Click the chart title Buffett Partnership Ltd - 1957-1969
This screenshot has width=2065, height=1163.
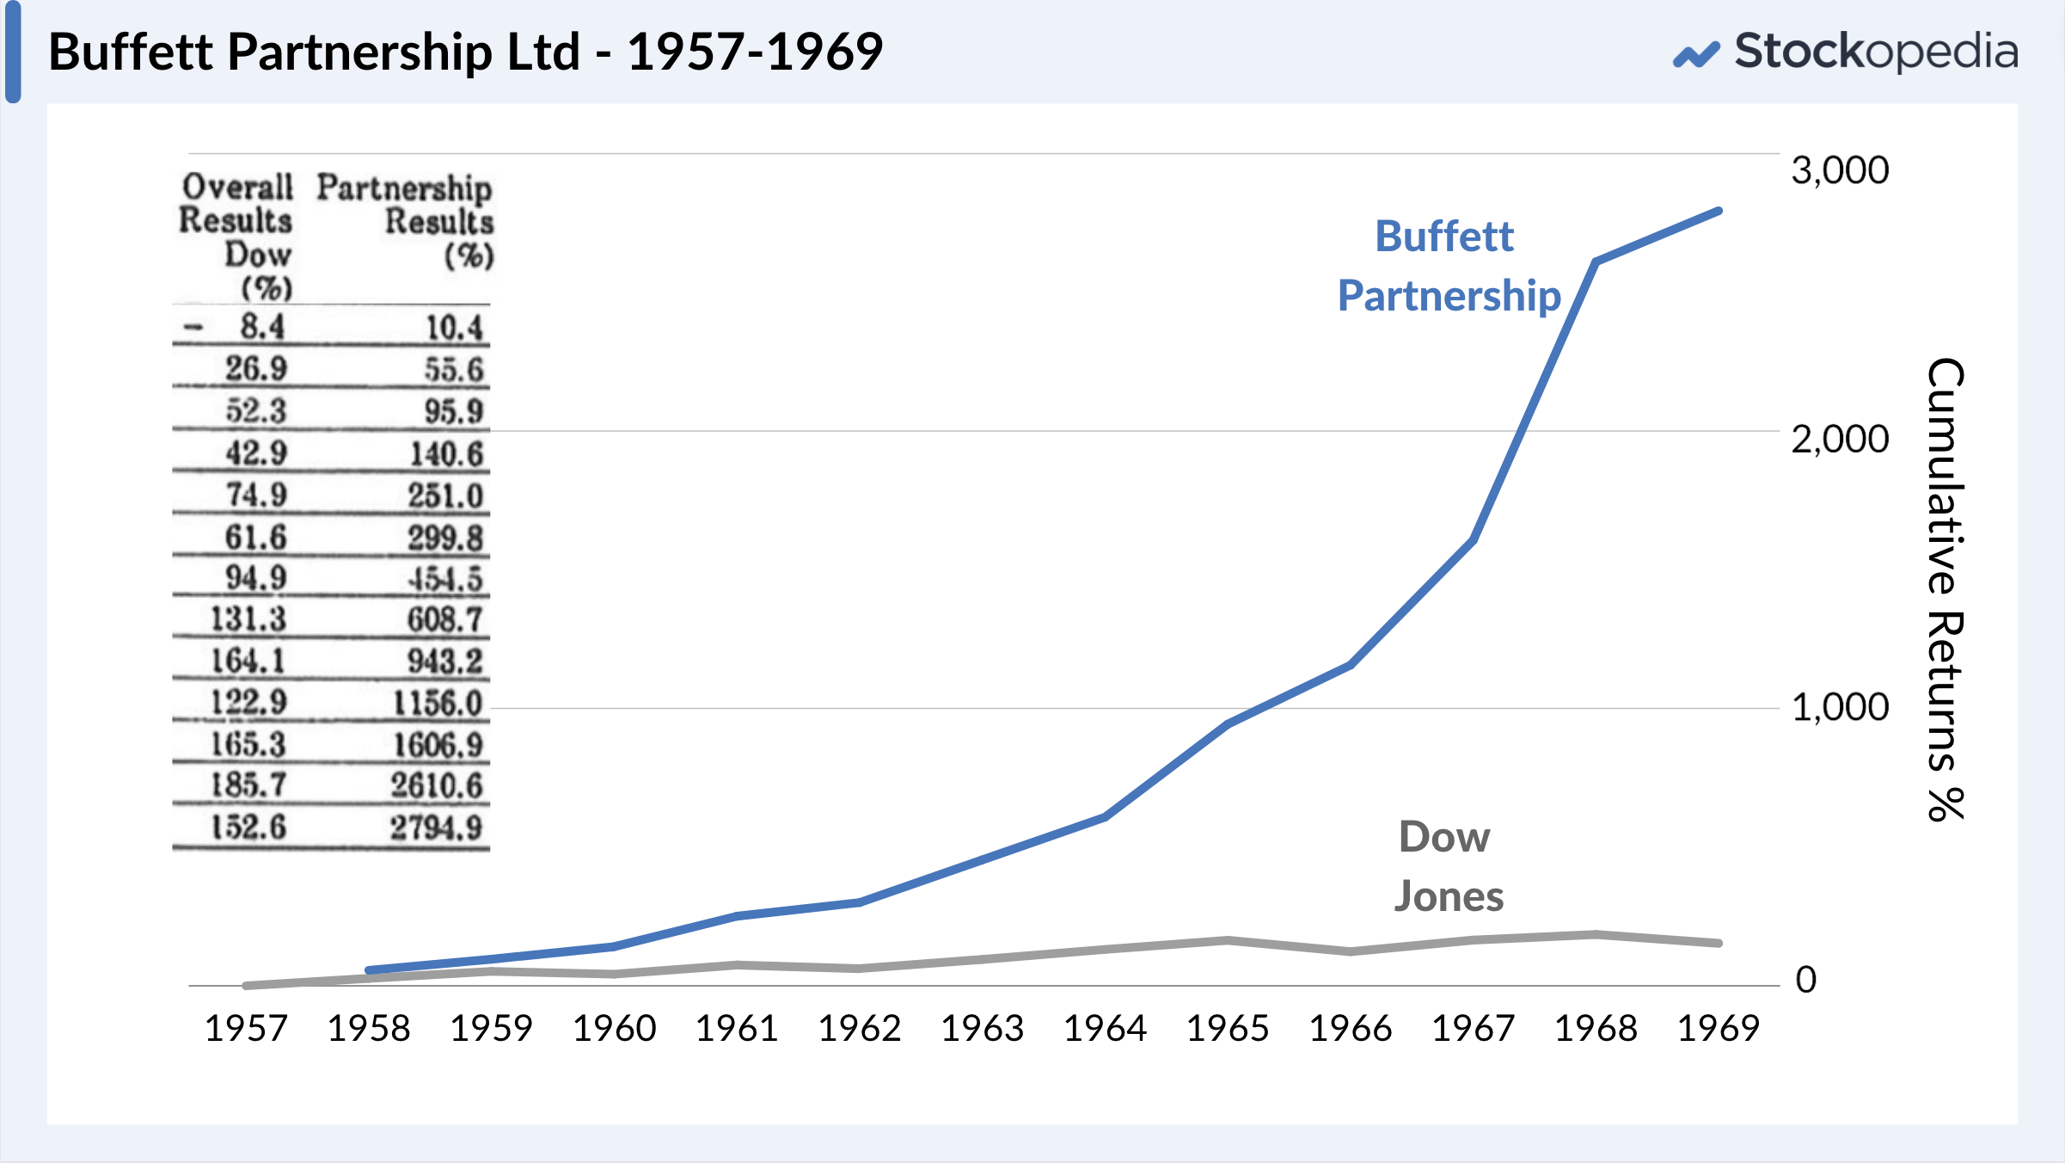[x=465, y=52]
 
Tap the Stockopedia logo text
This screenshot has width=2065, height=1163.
[x=1874, y=52]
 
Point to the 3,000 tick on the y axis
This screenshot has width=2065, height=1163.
[x=1839, y=170]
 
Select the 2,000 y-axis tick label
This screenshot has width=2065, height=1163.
[x=1839, y=440]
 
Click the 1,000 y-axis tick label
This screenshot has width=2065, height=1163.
[x=1839, y=708]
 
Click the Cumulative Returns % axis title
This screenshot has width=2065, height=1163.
[x=1946, y=589]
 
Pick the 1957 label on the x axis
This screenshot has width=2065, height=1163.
[x=246, y=1028]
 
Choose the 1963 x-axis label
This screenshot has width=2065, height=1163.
[x=983, y=1028]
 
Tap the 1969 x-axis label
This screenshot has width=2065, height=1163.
[x=1719, y=1028]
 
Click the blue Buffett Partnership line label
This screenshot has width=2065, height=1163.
[x=1449, y=266]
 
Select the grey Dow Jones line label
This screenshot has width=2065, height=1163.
[x=1448, y=866]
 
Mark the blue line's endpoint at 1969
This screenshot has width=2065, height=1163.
[x=1719, y=211]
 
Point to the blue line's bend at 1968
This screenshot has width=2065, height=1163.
[x=1596, y=262]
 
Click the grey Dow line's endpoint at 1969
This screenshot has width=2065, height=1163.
[x=1719, y=943]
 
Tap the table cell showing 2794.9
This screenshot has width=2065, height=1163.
[x=436, y=828]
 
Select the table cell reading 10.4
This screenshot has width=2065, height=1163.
[x=454, y=328]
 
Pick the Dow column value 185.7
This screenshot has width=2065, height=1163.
[x=248, y=785]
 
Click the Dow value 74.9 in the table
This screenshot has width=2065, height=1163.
[x=255, y=495]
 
